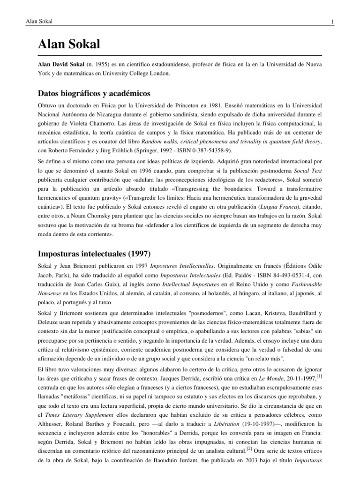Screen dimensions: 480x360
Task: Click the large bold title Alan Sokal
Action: click(69, 44)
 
